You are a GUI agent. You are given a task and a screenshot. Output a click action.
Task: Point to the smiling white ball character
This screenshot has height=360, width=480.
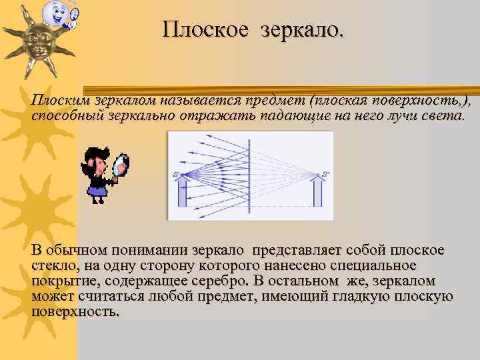53,13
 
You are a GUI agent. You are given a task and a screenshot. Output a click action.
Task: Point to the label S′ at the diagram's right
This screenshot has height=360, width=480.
326,175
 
